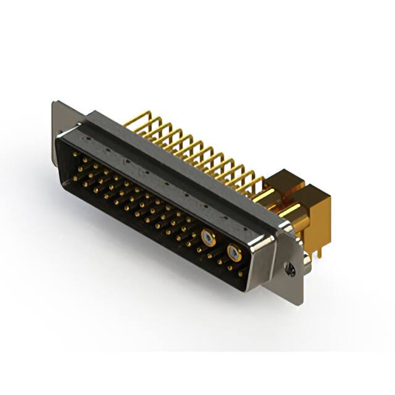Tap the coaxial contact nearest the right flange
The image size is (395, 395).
233,252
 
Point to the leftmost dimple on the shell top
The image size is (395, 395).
109,148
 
